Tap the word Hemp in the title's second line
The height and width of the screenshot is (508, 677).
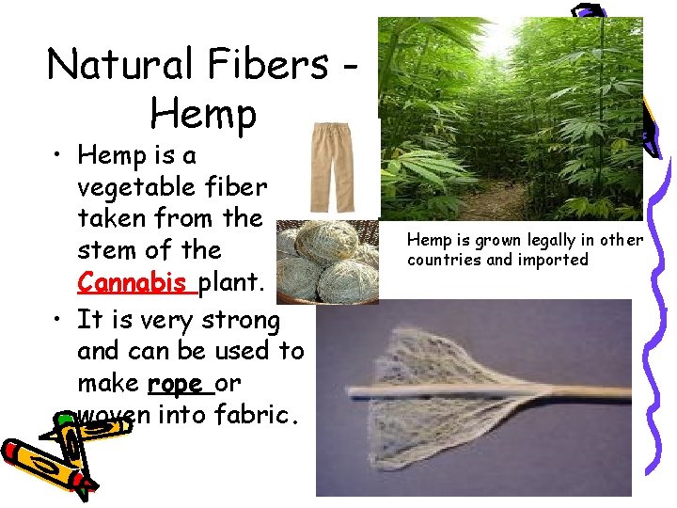202,114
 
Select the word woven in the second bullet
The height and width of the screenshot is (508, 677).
104,414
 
